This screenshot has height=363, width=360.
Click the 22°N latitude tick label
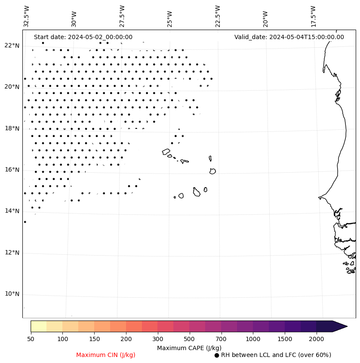(12, 46)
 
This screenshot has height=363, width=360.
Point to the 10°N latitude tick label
(12, 294)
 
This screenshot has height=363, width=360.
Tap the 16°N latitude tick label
(12, 170)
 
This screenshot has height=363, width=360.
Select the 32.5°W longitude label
(27, 16)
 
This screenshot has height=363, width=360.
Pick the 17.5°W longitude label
(314, 16)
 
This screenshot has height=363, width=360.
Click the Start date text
(83, 37)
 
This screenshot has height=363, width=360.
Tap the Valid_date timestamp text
(289, 37)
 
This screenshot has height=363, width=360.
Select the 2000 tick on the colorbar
(317, 339)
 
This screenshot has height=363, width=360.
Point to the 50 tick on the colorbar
(31, 339)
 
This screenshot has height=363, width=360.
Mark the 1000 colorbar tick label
(253, 339)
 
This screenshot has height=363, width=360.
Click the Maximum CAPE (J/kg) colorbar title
(189, 348)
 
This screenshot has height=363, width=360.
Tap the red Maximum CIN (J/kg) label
(106, 355)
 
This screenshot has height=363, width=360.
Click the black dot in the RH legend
(217, 355)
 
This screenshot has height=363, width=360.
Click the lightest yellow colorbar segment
(38, 326)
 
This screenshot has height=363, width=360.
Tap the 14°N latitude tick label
(12, 211)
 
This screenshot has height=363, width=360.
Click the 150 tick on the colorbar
(94, 339)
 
